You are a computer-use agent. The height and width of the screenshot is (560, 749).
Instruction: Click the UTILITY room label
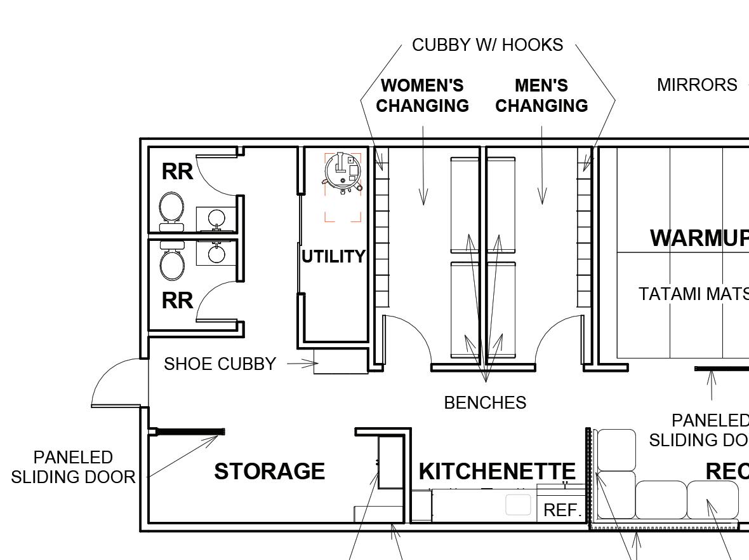pyautogui.click(x=333, y=257)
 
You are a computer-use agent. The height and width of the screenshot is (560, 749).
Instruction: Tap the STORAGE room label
pyautogui.click(x=269, y=472)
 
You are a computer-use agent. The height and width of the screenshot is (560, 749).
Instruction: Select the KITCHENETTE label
pyautogui.click(x=497, y=472)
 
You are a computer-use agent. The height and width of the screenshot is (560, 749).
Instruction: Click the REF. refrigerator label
pyautogui.click(x=562, y=510)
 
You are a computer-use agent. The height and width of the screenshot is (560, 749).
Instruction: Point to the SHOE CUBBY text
pyautogui.click(x=220, y=364)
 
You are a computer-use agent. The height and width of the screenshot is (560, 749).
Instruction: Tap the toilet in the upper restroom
pyautogui.click(x=171, y=208)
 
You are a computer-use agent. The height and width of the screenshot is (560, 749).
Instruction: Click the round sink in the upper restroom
pyautogui.click(x=216, y=218)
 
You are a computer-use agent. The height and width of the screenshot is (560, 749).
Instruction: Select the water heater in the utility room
pyautogui.click(x=343, y=171)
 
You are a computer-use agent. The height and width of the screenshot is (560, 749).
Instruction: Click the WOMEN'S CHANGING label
pyautogui.click(x=422, y=95)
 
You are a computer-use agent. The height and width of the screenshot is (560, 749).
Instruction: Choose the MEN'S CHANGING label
pyautogui.click(x=541, y=95)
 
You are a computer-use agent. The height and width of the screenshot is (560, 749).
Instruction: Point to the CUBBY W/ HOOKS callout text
pyautogui.click(x=487, y=45)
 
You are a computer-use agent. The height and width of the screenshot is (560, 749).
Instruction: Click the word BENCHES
pyautogui.click(x=485, y=403)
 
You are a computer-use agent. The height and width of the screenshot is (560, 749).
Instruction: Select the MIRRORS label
pyautogui.click(x=696, y=85)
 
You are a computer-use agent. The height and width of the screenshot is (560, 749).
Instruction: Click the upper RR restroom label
pyautogui.click(x=177, y=172)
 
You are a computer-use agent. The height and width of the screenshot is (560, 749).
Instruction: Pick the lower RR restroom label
pyautogui.click(x=177, y=301)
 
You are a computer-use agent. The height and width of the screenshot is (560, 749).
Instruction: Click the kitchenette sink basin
pyautogui.click(x=517, y=505)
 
